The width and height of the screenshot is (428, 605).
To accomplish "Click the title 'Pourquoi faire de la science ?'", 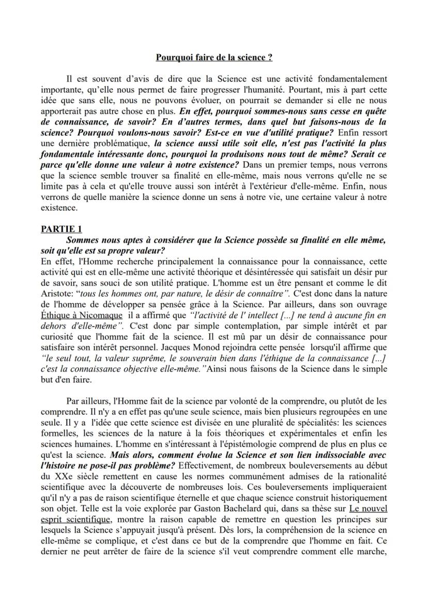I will tap(214, 57).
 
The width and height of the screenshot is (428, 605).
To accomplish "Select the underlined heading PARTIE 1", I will tap(61, 229).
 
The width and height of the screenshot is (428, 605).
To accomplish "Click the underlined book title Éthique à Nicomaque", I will tap(82, 315).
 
